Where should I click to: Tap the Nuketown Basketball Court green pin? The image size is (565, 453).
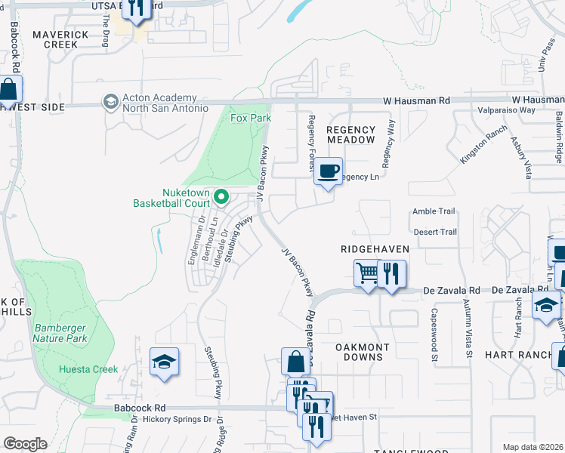[x=221, y=197]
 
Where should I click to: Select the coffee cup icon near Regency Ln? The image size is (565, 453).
[x=328, y=171]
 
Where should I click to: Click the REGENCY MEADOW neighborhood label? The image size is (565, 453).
[x=350, y=135]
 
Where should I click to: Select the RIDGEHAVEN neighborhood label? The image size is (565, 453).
[x=375, y=248]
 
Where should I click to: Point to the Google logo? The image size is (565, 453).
[x=25, y=443]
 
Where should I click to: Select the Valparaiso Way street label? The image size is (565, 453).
[x=507, y=110]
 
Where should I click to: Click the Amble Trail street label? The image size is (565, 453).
[x=434, y=212]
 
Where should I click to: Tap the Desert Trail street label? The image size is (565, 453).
[x=434, y=232]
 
